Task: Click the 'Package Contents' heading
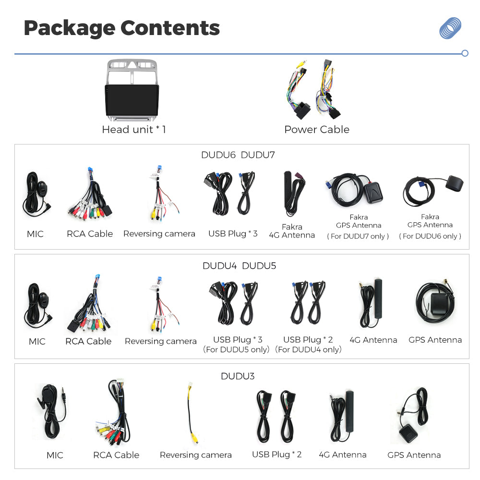pos(122,28)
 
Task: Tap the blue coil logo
pos(450,28)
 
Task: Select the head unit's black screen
pos(132,100)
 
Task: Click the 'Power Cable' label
pos(317,130)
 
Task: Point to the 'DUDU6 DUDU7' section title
pos(238,155)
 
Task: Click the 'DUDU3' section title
pos(238,376)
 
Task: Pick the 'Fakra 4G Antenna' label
pos(292,231)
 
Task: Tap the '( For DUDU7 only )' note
pos(358,236)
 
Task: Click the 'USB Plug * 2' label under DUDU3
pos(277,455)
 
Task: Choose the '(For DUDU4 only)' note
pos(308,349)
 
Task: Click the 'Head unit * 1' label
pos(134,130)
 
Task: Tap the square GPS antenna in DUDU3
pos(408,433)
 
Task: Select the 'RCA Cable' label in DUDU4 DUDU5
pos(88,341)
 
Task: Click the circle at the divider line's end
pos(465,53)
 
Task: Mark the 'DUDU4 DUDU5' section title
pos(239,266)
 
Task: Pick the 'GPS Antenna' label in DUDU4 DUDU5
pos(435,340)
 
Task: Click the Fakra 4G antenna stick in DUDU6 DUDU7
pos(288,190)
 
